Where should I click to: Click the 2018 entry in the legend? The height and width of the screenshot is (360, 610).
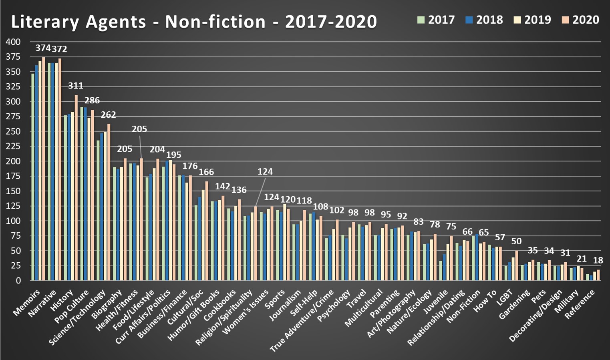(x=484, y=20)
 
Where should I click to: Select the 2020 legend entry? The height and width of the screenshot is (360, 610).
(x=580, y=20)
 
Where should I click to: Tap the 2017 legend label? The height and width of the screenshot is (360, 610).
(x=436, y=20)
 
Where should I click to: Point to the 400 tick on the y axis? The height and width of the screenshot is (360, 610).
(x=13, y=42)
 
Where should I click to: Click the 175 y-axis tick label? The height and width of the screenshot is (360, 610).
(x=13, y=176)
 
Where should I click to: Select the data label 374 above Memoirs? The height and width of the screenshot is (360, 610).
(x=43, y=48)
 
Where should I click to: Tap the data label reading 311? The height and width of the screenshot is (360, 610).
(x=76, y=86)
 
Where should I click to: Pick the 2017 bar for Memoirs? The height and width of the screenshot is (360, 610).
(x=33, y=177)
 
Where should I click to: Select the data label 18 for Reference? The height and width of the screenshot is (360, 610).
(x=598, y=261)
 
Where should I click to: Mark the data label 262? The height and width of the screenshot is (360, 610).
(x=108, y=115)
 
